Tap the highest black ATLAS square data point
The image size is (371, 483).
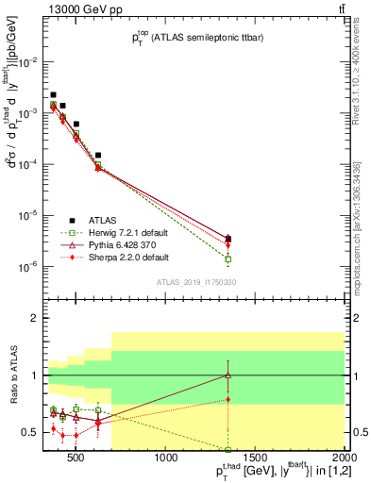53,95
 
